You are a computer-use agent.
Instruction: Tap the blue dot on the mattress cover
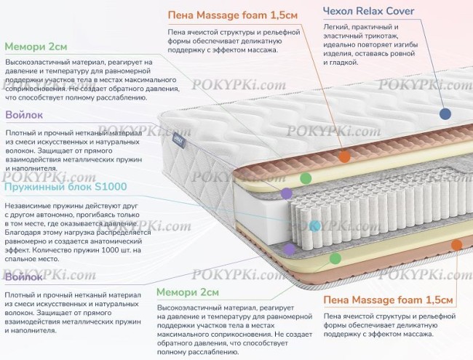[445, 114]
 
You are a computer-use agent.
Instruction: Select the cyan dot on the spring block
[314, 226]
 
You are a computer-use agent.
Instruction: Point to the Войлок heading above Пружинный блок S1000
[23, 115]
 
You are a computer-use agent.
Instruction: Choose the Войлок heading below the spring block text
[23, 278]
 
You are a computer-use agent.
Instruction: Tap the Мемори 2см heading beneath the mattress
[188, 292]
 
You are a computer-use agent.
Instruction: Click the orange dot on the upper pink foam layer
[345, 156]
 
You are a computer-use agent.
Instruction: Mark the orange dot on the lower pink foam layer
[457, 246]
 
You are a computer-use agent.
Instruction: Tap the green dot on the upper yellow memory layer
[306, 177]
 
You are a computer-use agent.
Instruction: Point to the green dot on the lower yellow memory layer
[335, 257]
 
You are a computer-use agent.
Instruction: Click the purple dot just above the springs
[287, 193]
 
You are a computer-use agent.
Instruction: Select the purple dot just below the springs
[290, 249]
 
